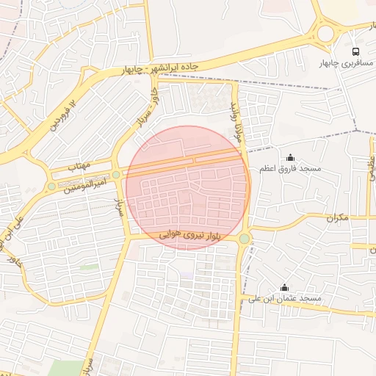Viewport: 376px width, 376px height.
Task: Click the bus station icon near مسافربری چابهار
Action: (355, 52)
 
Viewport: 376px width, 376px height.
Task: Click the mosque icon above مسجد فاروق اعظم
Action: (290, 157)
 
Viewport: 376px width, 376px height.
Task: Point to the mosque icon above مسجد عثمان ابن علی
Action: (284, 287)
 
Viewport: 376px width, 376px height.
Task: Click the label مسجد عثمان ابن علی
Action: (283, 299)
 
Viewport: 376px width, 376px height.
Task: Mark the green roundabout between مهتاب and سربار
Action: (116, 175)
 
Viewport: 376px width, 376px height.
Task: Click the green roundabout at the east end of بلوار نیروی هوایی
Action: (244, 238)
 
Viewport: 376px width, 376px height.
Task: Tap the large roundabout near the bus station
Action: (326, 33)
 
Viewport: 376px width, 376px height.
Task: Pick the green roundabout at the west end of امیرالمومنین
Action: (51, 187)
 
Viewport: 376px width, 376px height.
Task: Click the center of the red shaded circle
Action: (188, 187)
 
